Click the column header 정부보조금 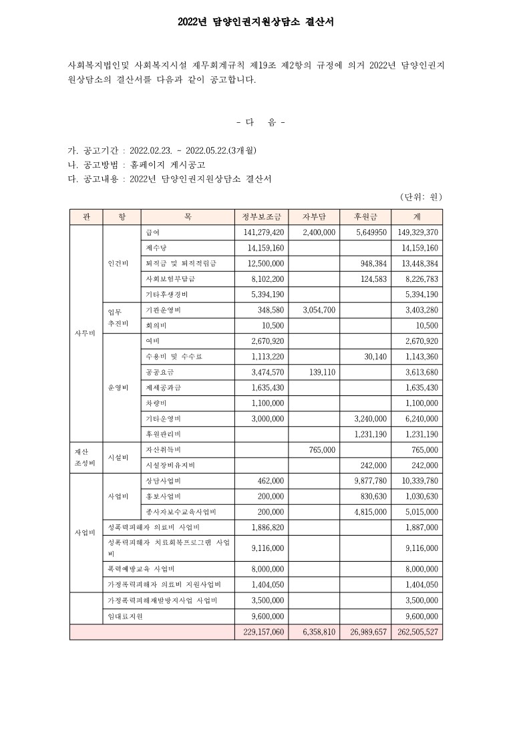[261, 216]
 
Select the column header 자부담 [314, 216]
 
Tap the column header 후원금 [366, 216]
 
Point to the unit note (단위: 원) [421, 196]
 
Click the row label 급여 [152, 232]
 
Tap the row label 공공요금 [159, 372]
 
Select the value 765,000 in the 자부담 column [322, 450]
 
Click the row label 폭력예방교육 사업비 [141, 569]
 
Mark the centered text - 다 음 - [261, 122]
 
